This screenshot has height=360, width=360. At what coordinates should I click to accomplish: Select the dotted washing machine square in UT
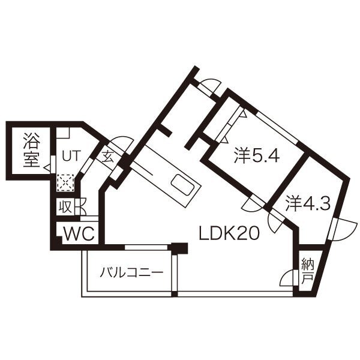(x=65, y=181)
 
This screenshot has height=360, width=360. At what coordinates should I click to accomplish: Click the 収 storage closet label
(x=65, y=207)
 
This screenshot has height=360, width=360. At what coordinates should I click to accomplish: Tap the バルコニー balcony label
(x=131, y=272)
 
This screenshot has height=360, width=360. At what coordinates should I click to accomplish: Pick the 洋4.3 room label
(x=308, y=203)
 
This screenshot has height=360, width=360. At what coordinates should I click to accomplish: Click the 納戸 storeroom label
(x=307, y=271)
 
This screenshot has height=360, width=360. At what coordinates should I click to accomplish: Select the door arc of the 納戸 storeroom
(x=289, y=277)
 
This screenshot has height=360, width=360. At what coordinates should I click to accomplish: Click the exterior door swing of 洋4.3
(x=337, y=230)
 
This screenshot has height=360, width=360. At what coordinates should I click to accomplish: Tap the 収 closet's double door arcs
(x=80, y=206)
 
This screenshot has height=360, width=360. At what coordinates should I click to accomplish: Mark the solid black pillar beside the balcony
(x=178, y=247)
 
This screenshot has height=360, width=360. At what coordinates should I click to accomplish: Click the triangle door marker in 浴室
(x=47, y=169)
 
